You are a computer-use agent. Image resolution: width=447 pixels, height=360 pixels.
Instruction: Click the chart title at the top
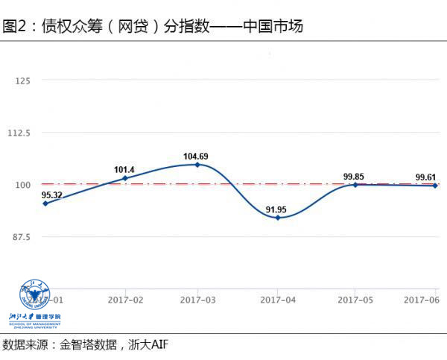pos(153,27)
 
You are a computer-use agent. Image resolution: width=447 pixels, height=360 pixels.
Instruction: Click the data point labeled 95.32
pos(46,203)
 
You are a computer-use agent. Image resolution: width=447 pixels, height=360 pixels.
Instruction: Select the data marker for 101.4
pos(124,178)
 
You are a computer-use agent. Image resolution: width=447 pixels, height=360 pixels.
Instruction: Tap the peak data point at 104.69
pos(197,164)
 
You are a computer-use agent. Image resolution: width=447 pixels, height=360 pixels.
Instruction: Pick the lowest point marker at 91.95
pos(278,218)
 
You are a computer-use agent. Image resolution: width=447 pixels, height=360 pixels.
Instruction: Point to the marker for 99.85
pos(355,184)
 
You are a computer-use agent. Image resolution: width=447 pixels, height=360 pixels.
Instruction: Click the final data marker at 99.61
pos(435,185)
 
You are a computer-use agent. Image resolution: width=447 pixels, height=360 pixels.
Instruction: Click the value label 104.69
pos(197,156)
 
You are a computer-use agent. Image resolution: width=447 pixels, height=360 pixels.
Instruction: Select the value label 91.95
pos(278,208)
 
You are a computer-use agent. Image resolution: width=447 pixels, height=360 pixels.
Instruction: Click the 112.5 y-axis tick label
pos(18,132)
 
